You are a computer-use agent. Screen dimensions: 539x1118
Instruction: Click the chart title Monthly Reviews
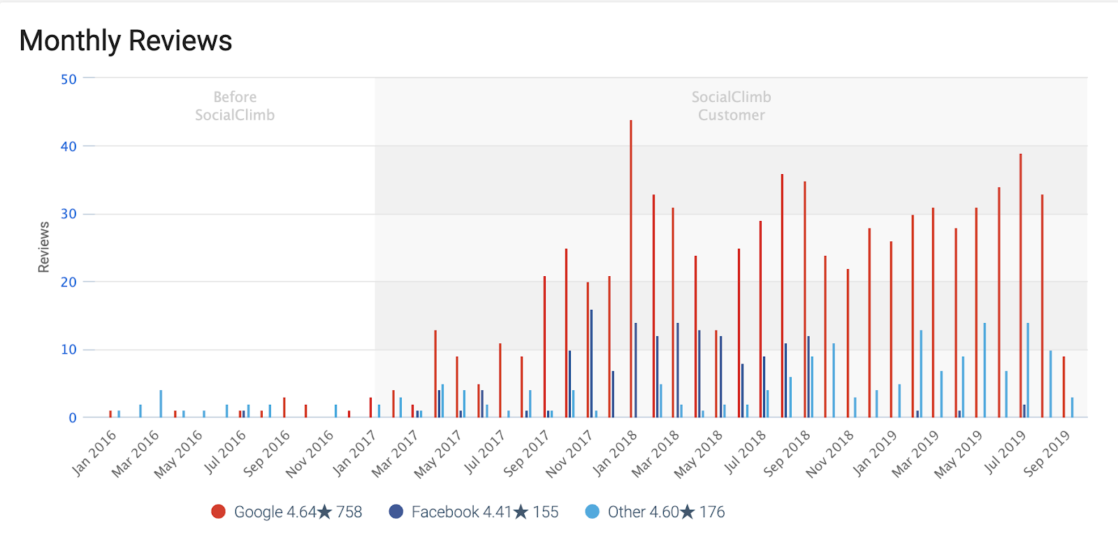click(126, 41)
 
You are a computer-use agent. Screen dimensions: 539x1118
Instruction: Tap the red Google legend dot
click(218, 512)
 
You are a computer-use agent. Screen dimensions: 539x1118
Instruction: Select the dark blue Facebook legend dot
click(396, 512)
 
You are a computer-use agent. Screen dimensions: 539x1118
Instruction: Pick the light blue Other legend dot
click(592, 512)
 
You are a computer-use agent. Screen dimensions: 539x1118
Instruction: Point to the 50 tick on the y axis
click(68, 79)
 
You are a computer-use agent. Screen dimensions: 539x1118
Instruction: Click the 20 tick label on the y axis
click(68, 282)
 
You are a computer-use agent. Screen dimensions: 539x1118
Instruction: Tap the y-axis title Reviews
click(44, 247)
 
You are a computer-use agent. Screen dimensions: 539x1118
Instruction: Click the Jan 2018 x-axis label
click(616, 452)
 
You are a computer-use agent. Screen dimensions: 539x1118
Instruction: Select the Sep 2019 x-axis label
click(1047, 452)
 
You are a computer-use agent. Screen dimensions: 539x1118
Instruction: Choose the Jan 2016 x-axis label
click(94, 452)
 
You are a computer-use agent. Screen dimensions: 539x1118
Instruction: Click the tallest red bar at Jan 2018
click(631, 269)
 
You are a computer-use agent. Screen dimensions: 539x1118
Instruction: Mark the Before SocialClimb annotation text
click(235, 106)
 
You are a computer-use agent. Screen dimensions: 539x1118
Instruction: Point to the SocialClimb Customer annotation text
click(732, 106)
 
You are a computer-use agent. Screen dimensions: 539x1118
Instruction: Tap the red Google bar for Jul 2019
click(1020, 286)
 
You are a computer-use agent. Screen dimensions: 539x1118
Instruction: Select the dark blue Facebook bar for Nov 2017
click(591, 364)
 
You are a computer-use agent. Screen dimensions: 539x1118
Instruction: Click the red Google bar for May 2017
click(435, 374)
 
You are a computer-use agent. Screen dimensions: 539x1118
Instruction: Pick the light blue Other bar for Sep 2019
click(1072, 408)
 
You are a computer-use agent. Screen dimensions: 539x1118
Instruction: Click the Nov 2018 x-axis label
click(830, 452)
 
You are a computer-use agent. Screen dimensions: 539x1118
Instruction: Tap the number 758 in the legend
click(349, 512)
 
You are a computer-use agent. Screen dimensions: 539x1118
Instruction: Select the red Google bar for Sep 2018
click(805, 300)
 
